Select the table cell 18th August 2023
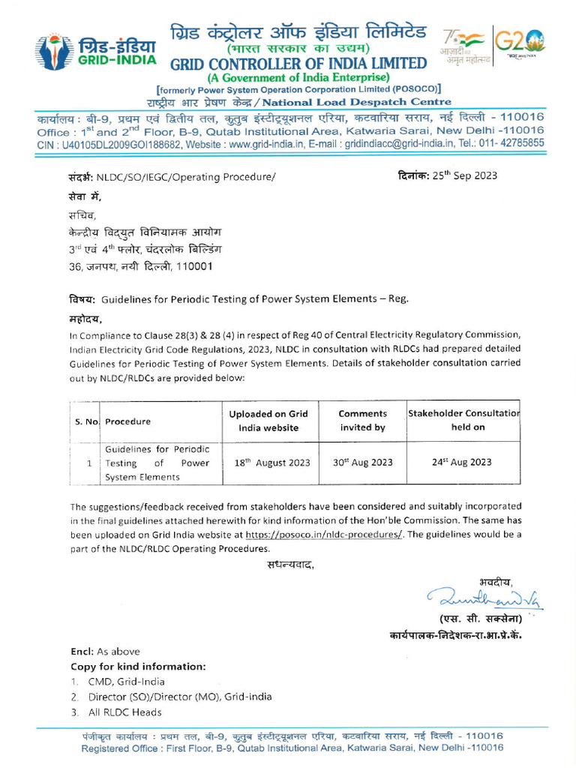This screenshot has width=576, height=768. click(274, 463)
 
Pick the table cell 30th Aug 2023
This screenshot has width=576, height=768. click(362, 463)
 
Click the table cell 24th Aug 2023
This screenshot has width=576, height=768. click(461, 463)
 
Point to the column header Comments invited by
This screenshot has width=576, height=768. click(362, 421)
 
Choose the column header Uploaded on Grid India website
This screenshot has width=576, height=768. click(274, 421)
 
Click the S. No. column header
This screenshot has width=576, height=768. click(88, 421)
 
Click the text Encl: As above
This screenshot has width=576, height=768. click(105, 651)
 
